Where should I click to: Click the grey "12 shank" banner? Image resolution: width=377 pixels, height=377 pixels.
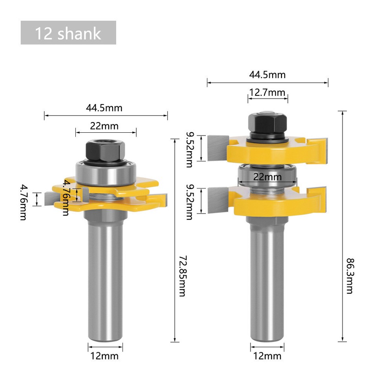click(68, 33)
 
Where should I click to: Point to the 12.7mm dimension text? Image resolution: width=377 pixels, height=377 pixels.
click(267, 93)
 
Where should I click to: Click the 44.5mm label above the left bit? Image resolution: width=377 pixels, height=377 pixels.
click(104, 108)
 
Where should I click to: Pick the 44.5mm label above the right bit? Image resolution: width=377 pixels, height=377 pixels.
click(267, 74)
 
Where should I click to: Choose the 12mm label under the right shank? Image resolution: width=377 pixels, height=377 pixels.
click(267, 356)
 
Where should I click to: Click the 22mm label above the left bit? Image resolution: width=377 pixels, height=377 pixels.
click(104, 126)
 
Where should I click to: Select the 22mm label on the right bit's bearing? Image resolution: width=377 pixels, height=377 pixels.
click(267, 177)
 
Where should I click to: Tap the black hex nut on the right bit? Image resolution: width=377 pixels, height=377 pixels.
click(267, 123)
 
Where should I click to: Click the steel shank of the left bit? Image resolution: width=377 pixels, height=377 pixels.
click(105, 279)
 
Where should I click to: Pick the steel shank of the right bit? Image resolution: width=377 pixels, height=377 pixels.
click(267, 283)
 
